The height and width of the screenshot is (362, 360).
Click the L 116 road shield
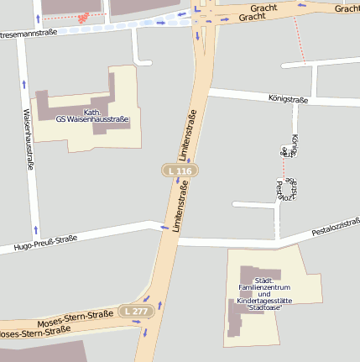[x=179, y=171]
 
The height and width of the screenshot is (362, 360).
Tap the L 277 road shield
[x=133, y=312]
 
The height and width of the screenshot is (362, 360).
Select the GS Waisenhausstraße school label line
[x=91, y=119]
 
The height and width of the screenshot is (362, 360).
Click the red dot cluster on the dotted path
[x=82, y=18]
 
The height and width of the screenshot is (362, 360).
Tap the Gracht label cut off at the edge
[x=347, y=8]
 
